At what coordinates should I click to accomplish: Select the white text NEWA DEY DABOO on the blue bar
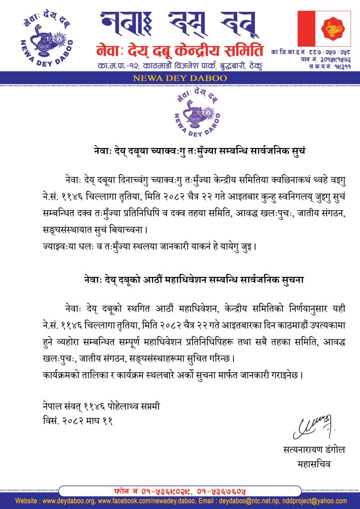[180, 78]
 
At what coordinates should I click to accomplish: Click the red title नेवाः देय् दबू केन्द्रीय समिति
[180, 50]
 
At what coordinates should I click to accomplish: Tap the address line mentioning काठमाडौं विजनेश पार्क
[180, 66]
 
